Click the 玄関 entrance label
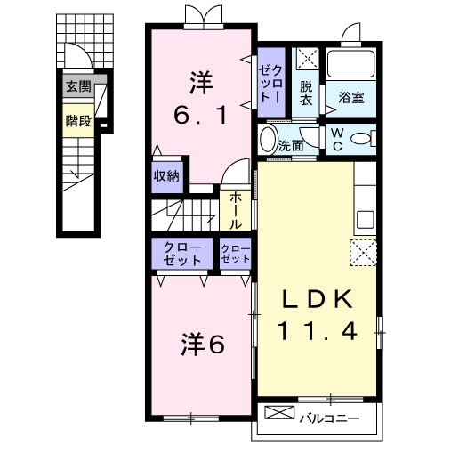(x=78, y=86)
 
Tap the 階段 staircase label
(x=78, y=121)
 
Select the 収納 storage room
(x=166, y=177)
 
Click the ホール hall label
(x=236, y=210)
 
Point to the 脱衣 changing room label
(x=306, y=93)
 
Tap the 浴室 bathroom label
(x=351, y=97)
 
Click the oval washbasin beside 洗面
(x=268, y=140)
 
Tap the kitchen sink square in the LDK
(x=366, y=219)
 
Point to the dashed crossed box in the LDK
(x=363, y=253)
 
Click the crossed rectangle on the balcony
(x=279, y=412)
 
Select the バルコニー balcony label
(x=329, y=418)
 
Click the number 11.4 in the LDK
(x=317, y=331)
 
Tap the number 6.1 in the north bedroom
(x=201, y=115)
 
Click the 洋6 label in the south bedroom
(x=203, y=345)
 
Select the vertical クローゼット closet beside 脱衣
(x=271, y=82)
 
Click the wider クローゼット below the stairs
(x=182, y=254)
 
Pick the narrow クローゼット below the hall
(x=236, y=254)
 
